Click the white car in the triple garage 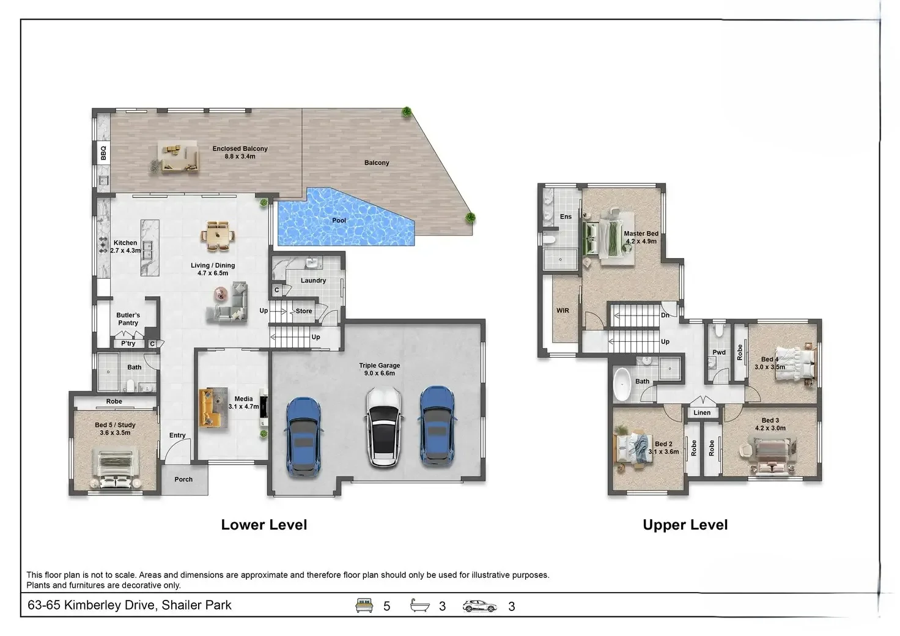tap(383, 428)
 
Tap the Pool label tap(339, 220)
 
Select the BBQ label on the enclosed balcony tap(103, 152)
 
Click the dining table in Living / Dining tap(217, 236)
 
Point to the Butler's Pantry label tap(128, 319)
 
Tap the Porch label tap(183, 479)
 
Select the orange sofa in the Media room tap(210, 407)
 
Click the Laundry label tap(313, 281)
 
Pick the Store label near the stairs tap(304, 311)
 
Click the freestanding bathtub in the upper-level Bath tap(622, 384)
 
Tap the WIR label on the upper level tap(562, 311)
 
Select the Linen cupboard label tap(702, 413)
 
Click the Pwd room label tap(719, 352)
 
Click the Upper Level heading tap(685, 525)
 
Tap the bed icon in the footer tap(364, 605)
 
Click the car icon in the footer tap(480, 606)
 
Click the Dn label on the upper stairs tap(665, 316)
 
